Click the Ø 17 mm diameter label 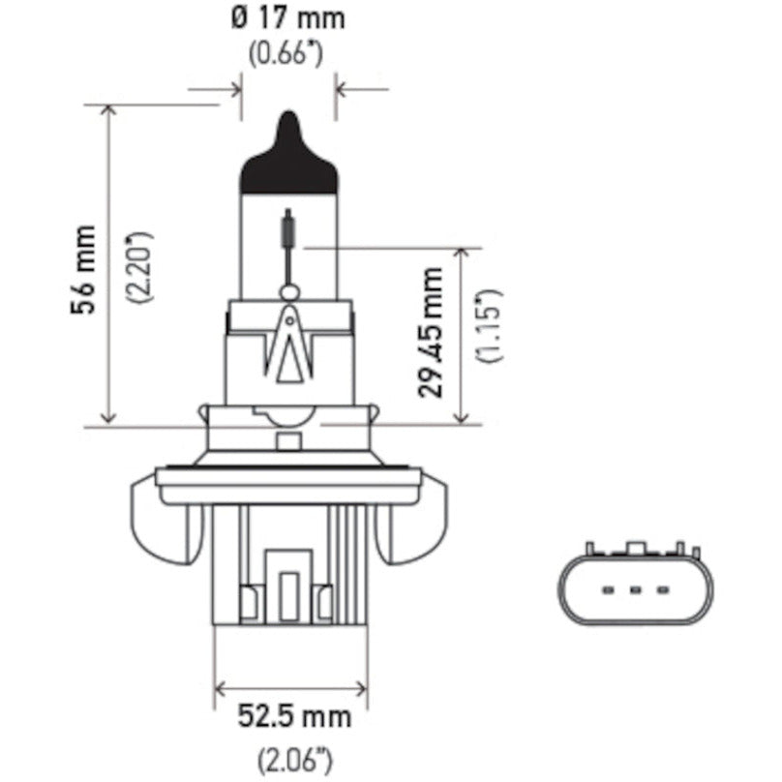pos(289,18)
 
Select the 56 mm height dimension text pos(84,266)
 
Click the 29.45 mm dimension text pos(433,332)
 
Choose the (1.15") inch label pos(488,324)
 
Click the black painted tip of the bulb pos(287,155)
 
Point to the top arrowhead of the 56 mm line pos(108,108)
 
